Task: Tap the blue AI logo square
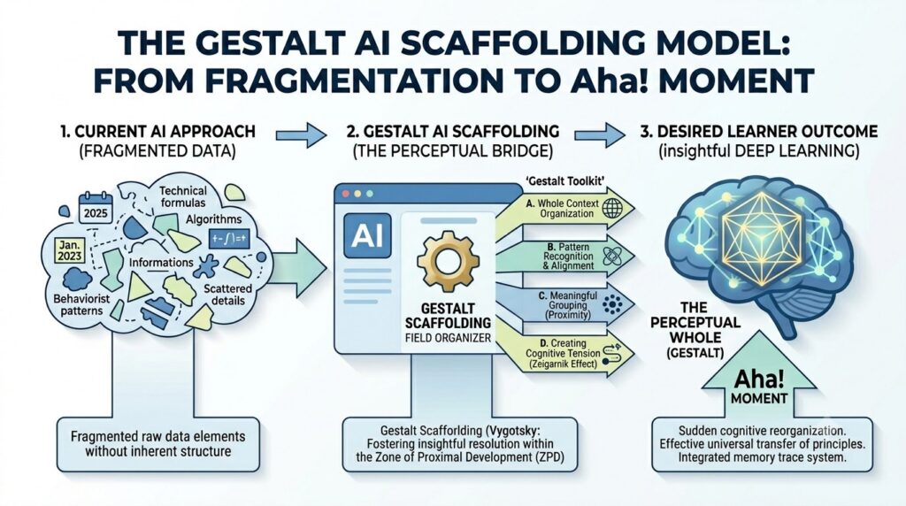coord(367,235)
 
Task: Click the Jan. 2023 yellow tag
coord(70,250)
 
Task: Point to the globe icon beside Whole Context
coord(613,209)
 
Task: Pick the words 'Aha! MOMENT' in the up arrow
coord(759,387)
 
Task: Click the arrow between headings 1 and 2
coord(301,135)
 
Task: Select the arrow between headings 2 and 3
coord(600,135)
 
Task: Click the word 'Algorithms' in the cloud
coord(214,219)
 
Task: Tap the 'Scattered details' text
coord(228,295)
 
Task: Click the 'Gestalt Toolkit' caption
coord(565,181)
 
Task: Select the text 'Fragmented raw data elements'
coord(157,436)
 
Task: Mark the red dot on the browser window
coord(346,194)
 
